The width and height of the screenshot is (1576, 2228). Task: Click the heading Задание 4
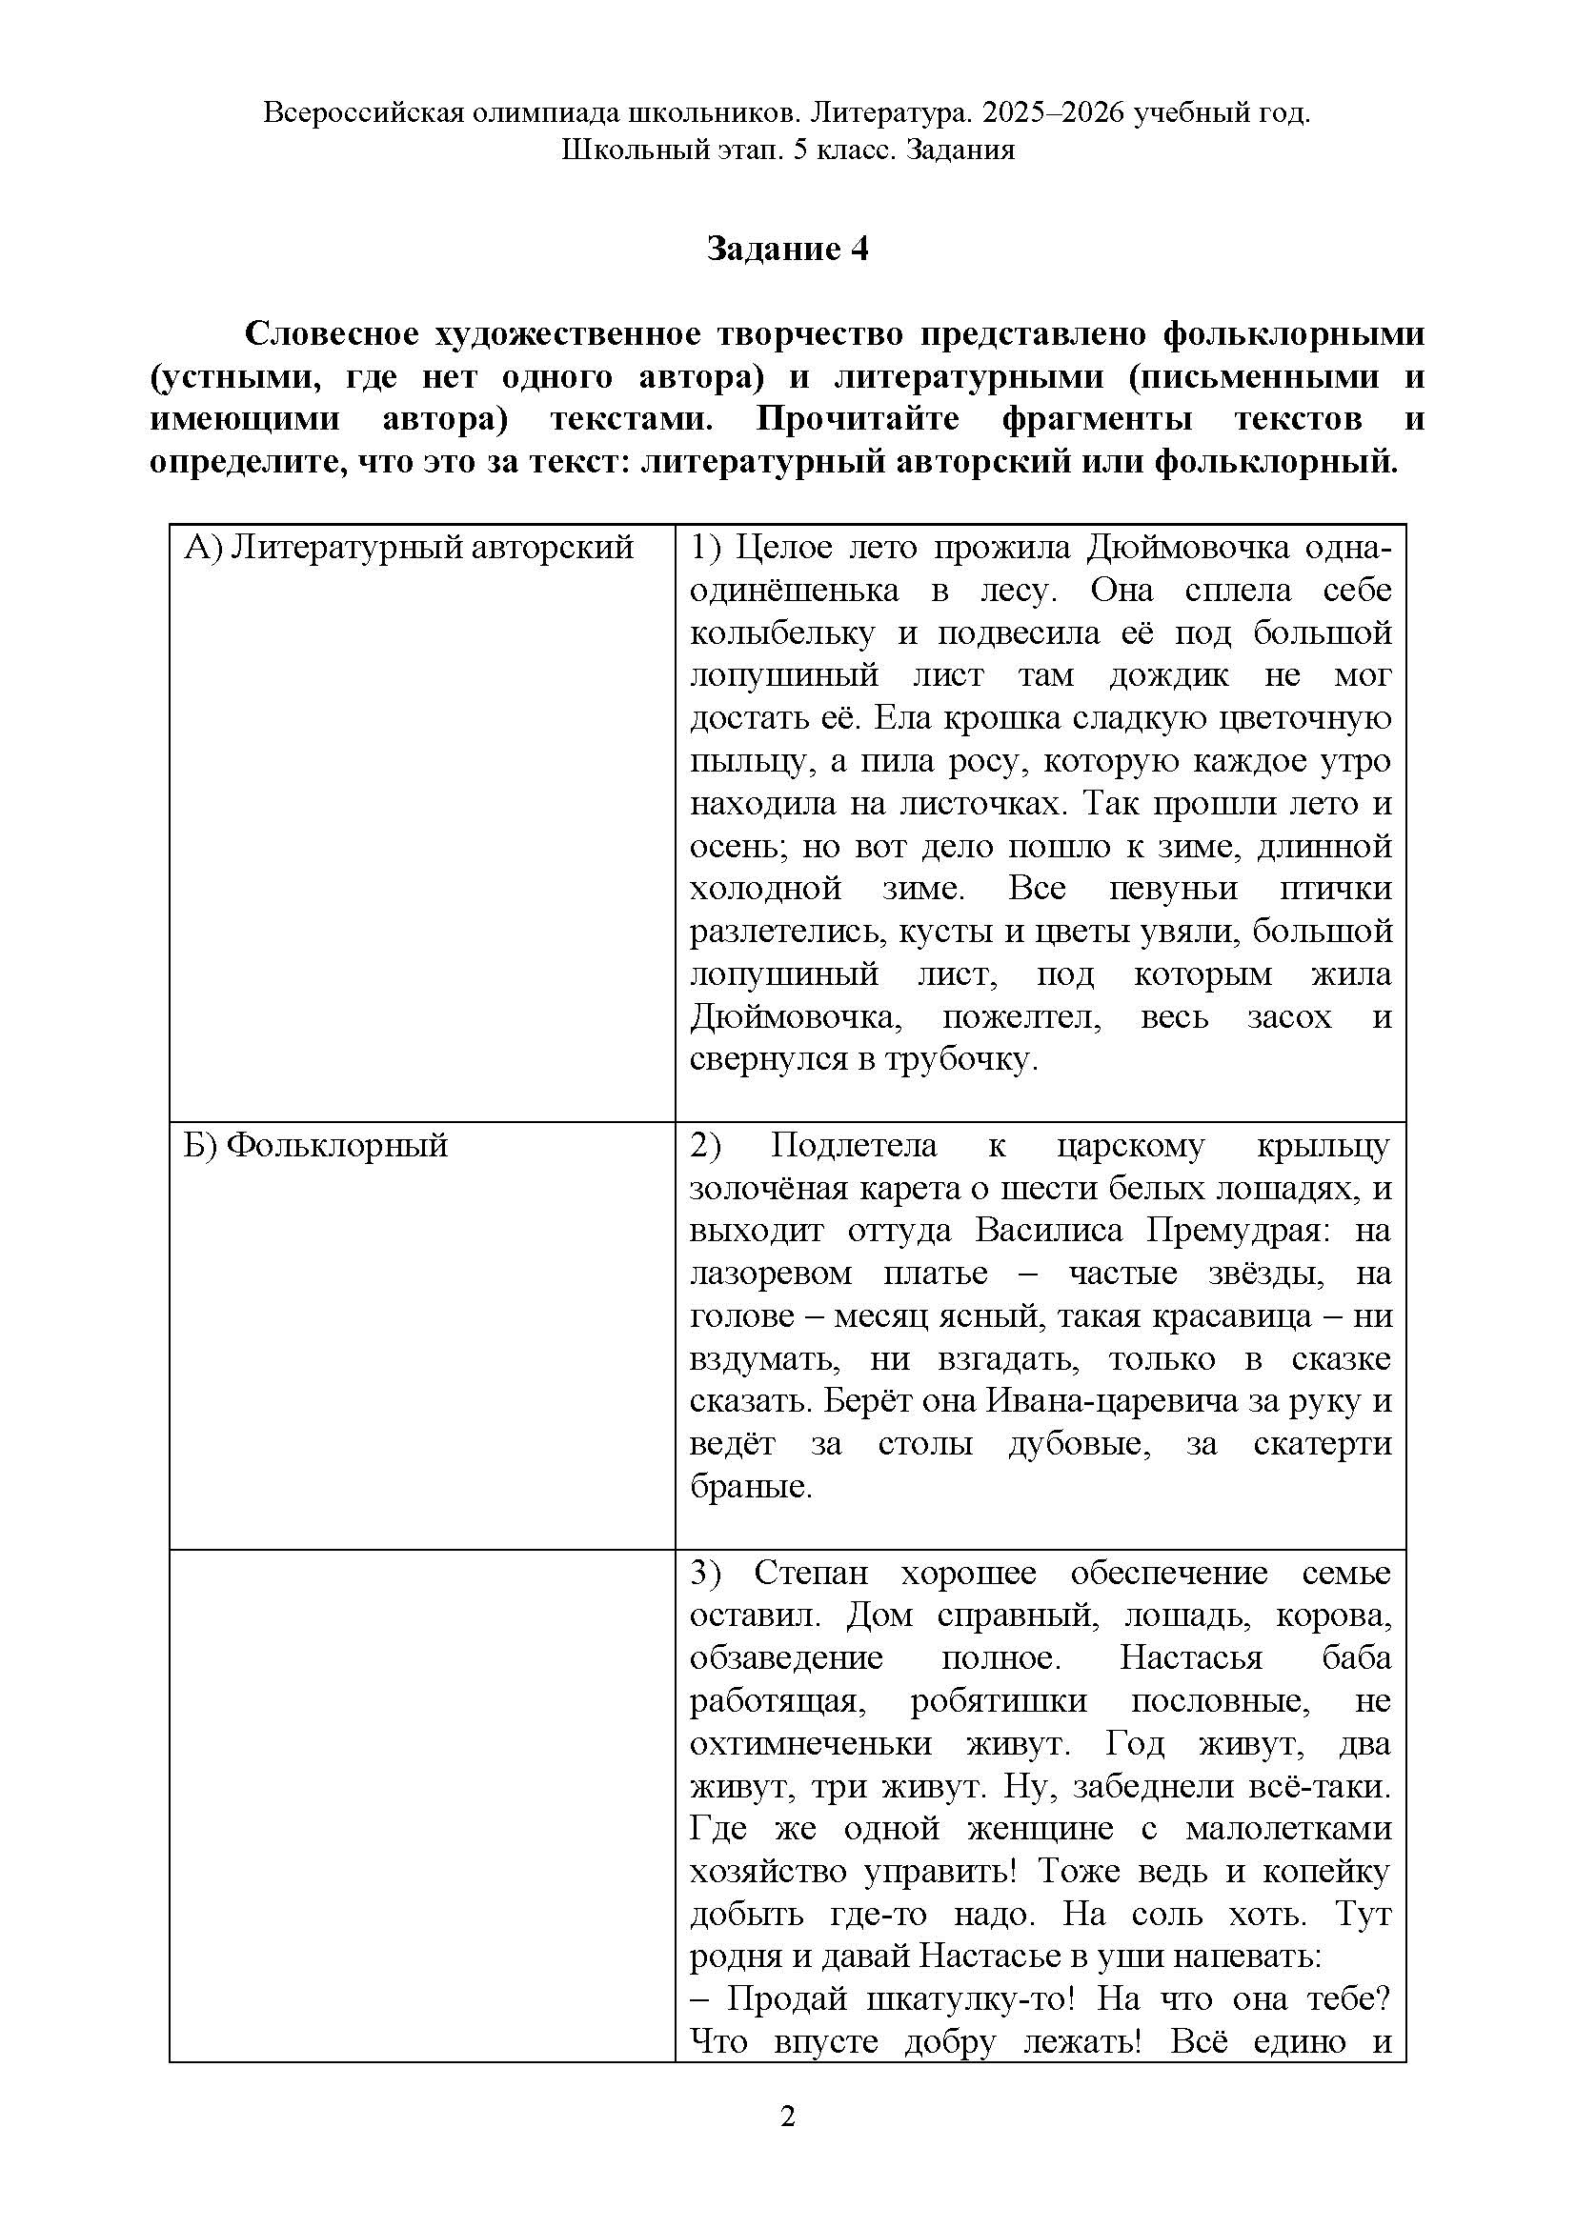(x=787, y=250)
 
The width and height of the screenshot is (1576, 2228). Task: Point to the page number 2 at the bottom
(x=787, y=2117)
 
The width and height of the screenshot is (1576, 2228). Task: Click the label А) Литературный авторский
(x=409, y=549)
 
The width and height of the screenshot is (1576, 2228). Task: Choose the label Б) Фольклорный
(x=316, y=1146)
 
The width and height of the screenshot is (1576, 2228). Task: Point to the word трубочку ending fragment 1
(x=960, y=1059)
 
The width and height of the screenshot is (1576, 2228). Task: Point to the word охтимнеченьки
(x=810, y=1744)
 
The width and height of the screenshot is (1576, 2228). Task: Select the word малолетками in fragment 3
(x=1288, y=1829)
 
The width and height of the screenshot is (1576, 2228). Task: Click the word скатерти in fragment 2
(x=1322, y=1445)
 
